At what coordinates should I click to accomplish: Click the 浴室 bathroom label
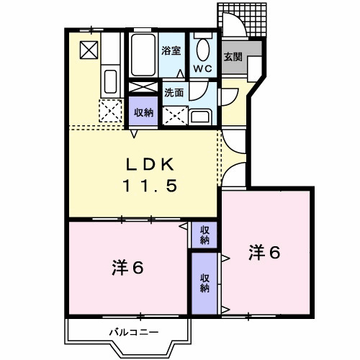click(171, 51)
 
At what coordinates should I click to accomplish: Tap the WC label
click(202, 70)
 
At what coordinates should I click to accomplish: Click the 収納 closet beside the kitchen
click(143, 112)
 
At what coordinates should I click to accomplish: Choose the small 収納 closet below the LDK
click(204, 235)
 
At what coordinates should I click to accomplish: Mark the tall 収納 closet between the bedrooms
click(204, 283)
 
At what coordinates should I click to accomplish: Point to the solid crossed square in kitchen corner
click(89, 50)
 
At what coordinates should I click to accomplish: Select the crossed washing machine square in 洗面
click(174, 115)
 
